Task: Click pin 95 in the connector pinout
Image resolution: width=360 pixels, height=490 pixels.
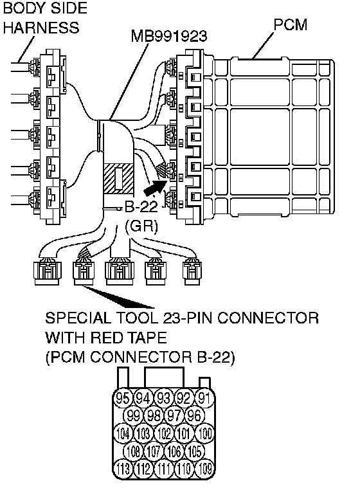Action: [x=123, y=398]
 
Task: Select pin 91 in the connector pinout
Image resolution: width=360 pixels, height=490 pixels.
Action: [x=204, y=398]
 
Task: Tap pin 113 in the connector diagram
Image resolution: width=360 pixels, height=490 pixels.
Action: [x=123, y=469]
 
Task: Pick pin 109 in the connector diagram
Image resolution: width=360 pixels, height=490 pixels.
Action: [x=204, y=469]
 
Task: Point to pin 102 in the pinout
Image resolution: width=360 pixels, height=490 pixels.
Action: [x=164, y=433]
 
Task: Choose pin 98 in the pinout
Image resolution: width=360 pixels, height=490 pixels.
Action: [x=154, y=415]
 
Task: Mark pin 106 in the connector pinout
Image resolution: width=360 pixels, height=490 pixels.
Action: [x=174, y=451]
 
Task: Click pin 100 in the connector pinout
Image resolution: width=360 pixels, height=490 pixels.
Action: [x=204, y=433]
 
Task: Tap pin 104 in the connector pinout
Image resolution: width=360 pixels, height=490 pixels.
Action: [x=123, y=433]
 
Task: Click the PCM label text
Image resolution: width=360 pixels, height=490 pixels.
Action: [x=291, y=24]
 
